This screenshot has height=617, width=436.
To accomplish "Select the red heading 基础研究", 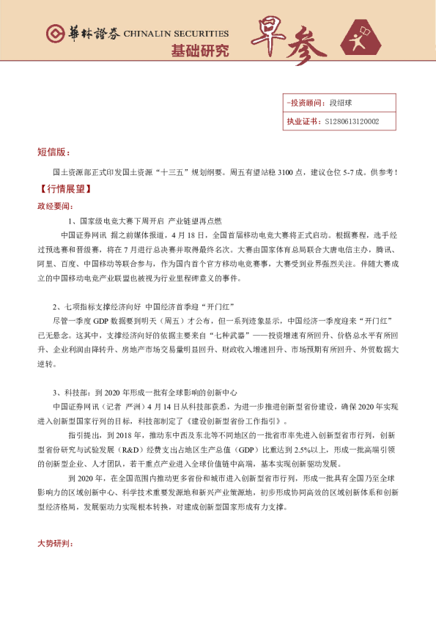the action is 199,51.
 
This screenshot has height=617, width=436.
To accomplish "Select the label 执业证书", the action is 300,121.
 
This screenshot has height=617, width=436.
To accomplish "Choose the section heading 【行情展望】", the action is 63,189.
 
